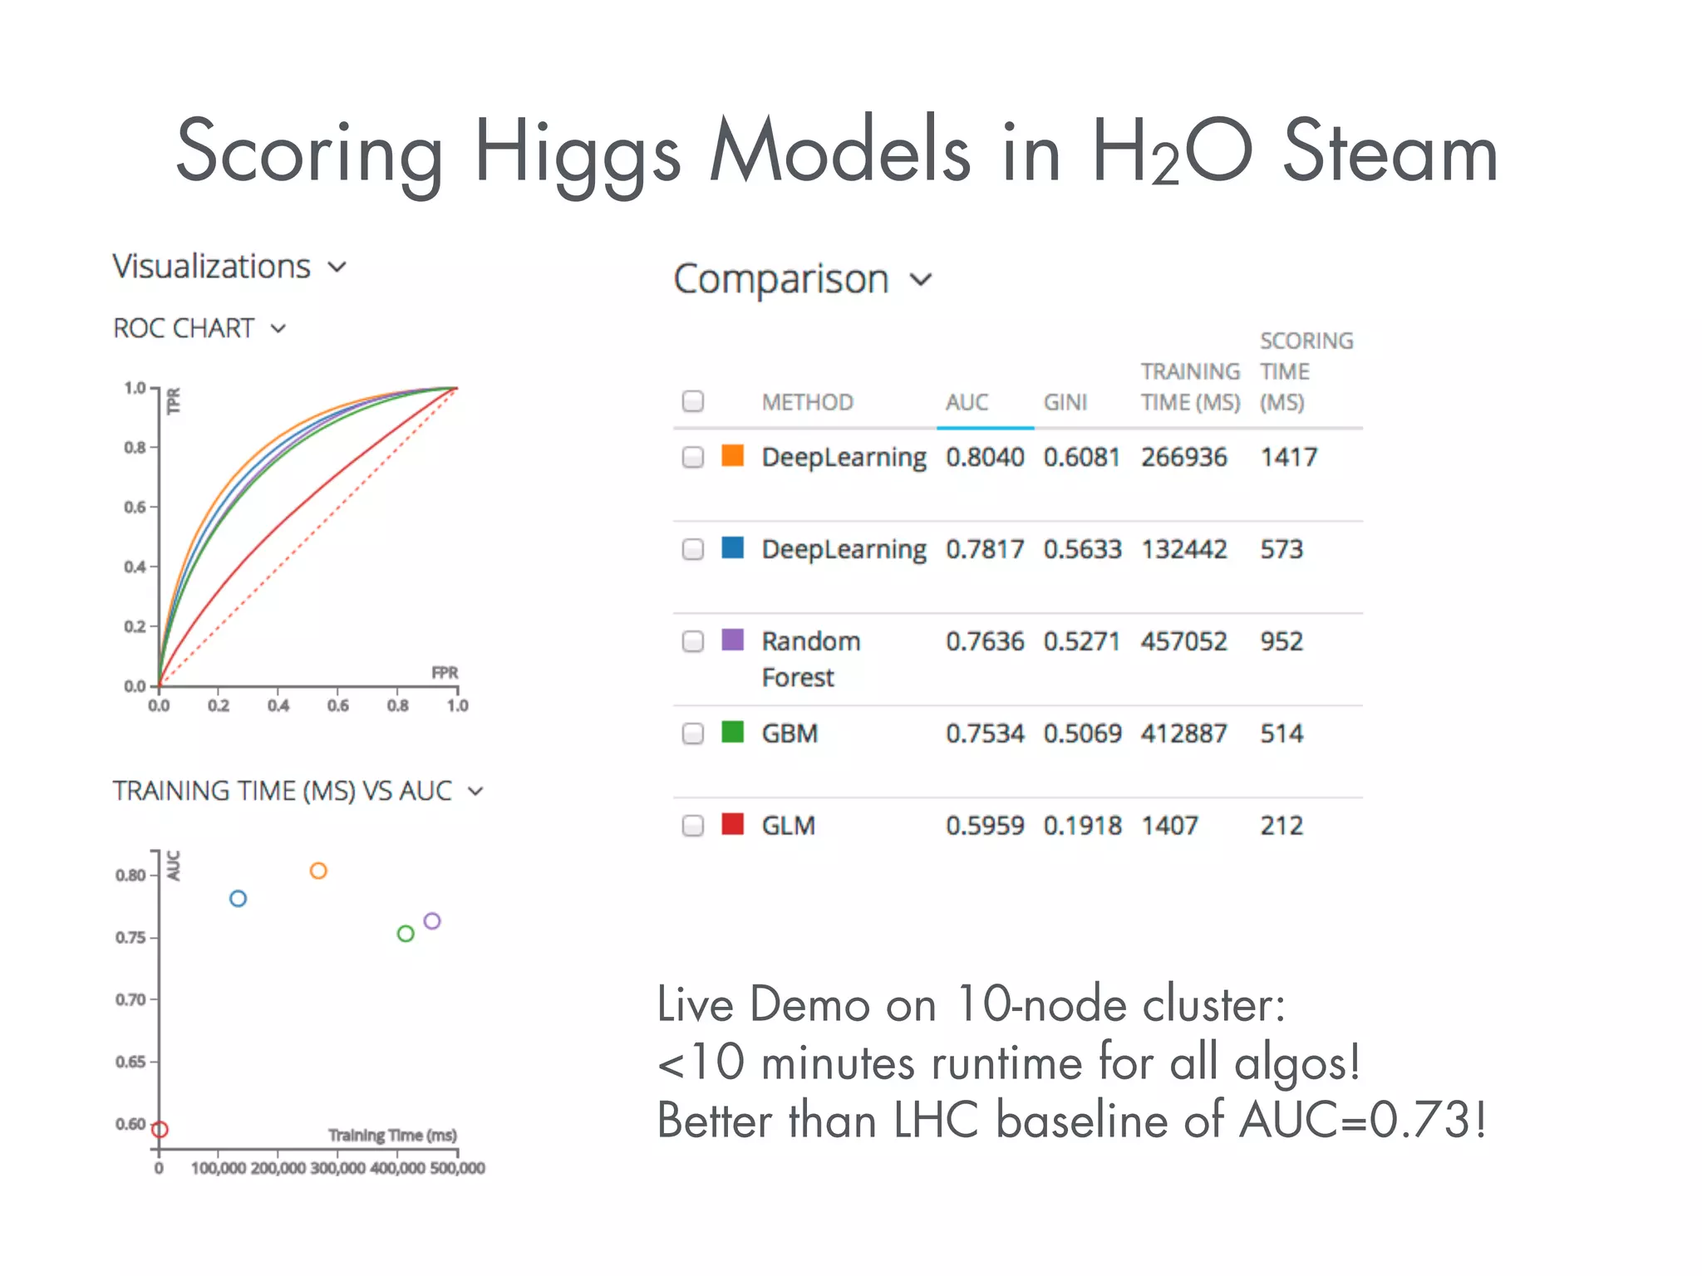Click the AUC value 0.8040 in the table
985,457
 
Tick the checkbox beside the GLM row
692,826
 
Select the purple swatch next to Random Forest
732,640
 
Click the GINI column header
1065,402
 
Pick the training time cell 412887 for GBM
1183,734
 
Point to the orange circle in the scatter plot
318,871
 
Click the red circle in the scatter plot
160,1130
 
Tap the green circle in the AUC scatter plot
406,934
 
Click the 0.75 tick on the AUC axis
130,938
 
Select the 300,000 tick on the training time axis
337,1168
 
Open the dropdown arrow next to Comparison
921,280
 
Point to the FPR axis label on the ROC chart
445,672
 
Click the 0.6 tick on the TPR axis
135,507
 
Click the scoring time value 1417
1288,457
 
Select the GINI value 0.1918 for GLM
1082,826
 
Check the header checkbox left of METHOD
692,401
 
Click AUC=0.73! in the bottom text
1363,1120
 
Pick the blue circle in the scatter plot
238,899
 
